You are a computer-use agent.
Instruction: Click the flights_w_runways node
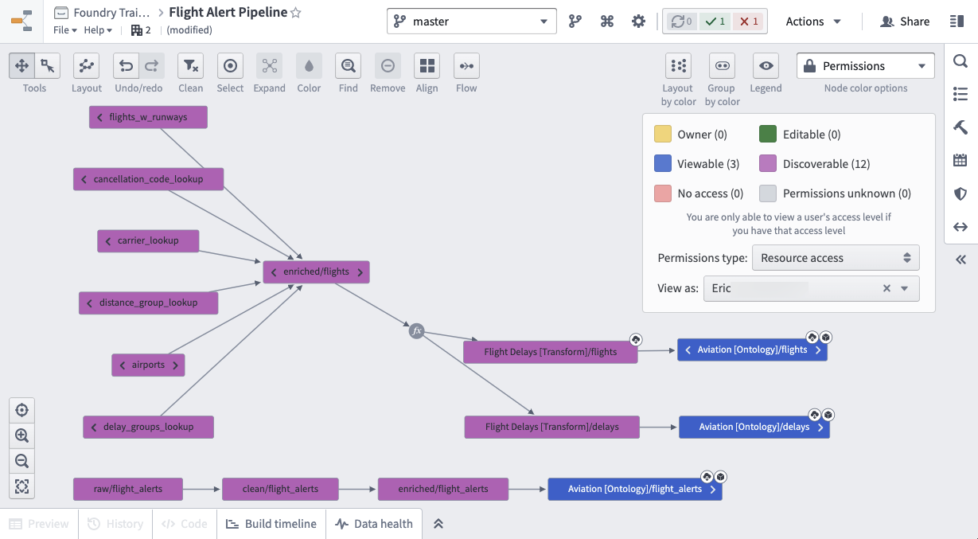[x=148, y=117]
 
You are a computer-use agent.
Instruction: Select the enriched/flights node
[x=316, y=271]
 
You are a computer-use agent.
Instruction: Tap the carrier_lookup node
[x=148, y=240]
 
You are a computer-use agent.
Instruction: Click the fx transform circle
[x=416, y=330]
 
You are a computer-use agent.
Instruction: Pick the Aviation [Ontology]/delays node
[x=754, y=427]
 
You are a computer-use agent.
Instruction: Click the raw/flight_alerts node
[x=128, y=489]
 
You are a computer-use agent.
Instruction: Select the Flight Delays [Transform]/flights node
[x=550, y=352]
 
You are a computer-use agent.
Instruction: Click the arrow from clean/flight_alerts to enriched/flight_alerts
[x=357, y=489]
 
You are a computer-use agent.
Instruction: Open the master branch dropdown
[x=472, y=21]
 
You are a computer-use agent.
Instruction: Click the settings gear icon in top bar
[x=638, y=21]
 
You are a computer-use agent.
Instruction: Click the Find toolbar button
[x=348, y=66]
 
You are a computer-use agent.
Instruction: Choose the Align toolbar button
[x=427, y=66]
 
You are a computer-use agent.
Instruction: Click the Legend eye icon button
[x=766, y=66]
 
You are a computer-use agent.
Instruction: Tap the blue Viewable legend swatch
[x=662, y=163]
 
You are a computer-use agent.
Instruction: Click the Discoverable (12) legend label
[x=826, y=164]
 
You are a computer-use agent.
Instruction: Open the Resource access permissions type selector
[x=836, y=258]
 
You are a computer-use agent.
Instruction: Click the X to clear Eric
[x=886, y=288]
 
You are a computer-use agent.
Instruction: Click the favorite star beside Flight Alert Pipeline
[x=295, y=13]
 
